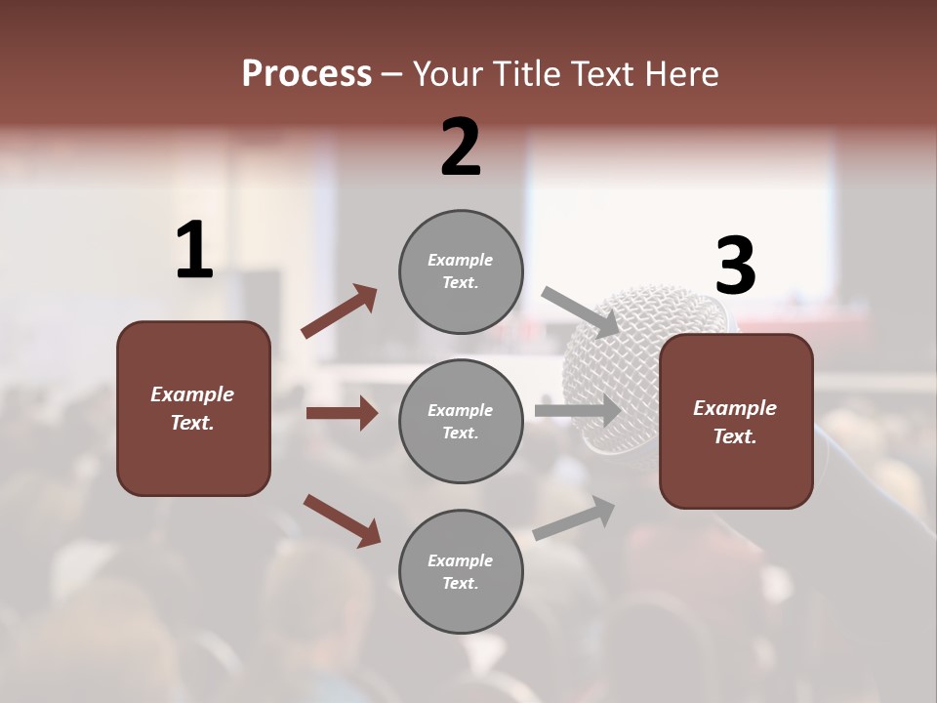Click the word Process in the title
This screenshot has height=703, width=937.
[x=306, y=73]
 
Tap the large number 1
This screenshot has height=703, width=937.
[x=194, y=251]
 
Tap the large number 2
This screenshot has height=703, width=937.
[x=461, y=146]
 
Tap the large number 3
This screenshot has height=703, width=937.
[x=735, y=266]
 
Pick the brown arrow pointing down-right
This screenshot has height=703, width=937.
[x=342, y=520]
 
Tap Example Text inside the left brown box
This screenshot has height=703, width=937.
[x=192, y=408]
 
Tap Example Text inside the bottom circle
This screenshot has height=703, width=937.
[x=460, y=571]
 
